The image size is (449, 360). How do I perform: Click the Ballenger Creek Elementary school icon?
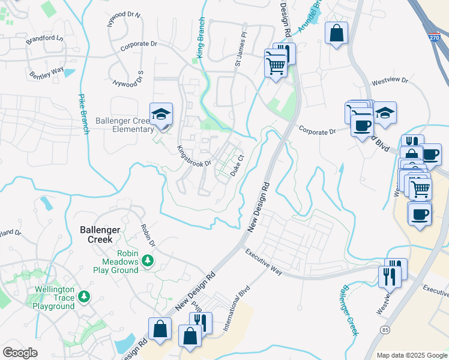(x=161, y=114)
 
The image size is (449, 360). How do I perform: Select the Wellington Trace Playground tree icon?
(x=85, y=296)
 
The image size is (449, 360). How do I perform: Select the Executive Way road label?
(x=264, y=262)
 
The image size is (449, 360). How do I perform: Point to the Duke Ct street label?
(x=237, y=166)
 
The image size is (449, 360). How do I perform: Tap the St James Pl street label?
(x=240, y=50)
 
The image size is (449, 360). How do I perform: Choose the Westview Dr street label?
(x=390, y=80)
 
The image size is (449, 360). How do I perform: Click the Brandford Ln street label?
(x=44, y=40)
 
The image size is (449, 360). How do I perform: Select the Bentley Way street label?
(x=47, y=73)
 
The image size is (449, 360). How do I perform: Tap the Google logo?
(x=20, y=353)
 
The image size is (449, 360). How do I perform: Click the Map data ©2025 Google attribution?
(x=411, y=355)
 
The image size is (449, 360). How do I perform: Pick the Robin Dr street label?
(x=148, y=236)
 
